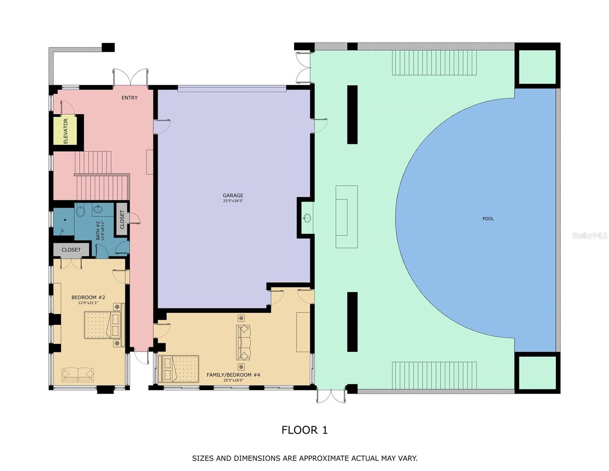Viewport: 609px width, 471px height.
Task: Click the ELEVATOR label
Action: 65,131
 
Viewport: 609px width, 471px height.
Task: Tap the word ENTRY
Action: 129,98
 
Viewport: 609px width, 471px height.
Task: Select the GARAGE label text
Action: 233,195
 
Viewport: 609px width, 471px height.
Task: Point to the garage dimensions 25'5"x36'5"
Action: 233,201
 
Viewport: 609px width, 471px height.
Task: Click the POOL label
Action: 488,219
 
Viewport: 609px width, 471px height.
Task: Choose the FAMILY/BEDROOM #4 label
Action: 233,375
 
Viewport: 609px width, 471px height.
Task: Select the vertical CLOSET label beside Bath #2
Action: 122,220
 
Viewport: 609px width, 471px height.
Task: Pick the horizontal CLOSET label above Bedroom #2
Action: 71,250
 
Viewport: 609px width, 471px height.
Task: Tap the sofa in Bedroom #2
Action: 78,374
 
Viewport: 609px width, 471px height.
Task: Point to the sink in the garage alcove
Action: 307,218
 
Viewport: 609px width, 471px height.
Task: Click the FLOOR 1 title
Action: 304,430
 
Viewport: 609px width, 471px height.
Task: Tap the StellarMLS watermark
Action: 589,235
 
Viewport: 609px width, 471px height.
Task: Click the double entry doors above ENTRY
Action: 130,77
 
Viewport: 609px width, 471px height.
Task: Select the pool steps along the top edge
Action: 434,62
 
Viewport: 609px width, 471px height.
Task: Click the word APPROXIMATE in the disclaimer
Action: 324,458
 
